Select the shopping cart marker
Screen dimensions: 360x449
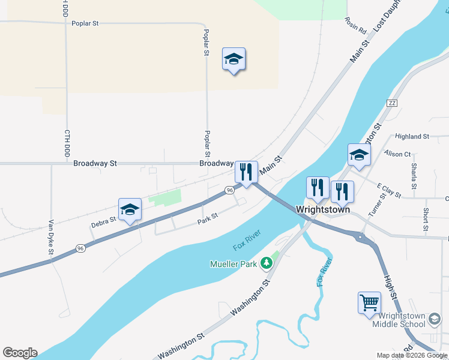(x=369, y=302)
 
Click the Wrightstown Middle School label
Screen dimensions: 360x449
(x=399, y=320)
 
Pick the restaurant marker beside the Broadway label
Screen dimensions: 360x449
(x=246, y=172)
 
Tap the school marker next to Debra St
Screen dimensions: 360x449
(x=130, y=209)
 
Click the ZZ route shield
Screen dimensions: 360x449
(x=393, y=103)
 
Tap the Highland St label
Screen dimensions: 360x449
(x=412, y=136)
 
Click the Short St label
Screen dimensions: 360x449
(x=425, y=219)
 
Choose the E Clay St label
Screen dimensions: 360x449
(x=389, y=190)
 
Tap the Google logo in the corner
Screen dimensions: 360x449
(x=20, y=353)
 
